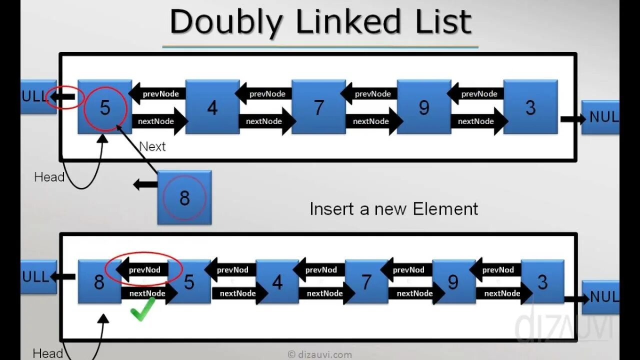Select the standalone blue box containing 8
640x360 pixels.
click(184, 197)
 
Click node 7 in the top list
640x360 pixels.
click(318, 107)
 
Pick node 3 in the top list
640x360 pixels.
click(530, 107)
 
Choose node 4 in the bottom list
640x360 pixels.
click(277, 282)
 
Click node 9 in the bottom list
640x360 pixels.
click(453, 282)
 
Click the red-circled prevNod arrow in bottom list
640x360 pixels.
click(143, 269)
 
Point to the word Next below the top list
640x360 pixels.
click(152, 146)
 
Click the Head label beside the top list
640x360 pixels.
click(49, 177)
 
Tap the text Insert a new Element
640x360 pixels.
click(394, 208)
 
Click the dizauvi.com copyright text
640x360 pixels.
click(320, 354)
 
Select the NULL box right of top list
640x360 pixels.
click(600, 117)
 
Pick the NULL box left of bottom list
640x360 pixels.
click(38, 276)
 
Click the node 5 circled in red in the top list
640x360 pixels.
click(105, 107)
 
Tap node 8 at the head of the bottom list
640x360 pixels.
click(99, 282)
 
